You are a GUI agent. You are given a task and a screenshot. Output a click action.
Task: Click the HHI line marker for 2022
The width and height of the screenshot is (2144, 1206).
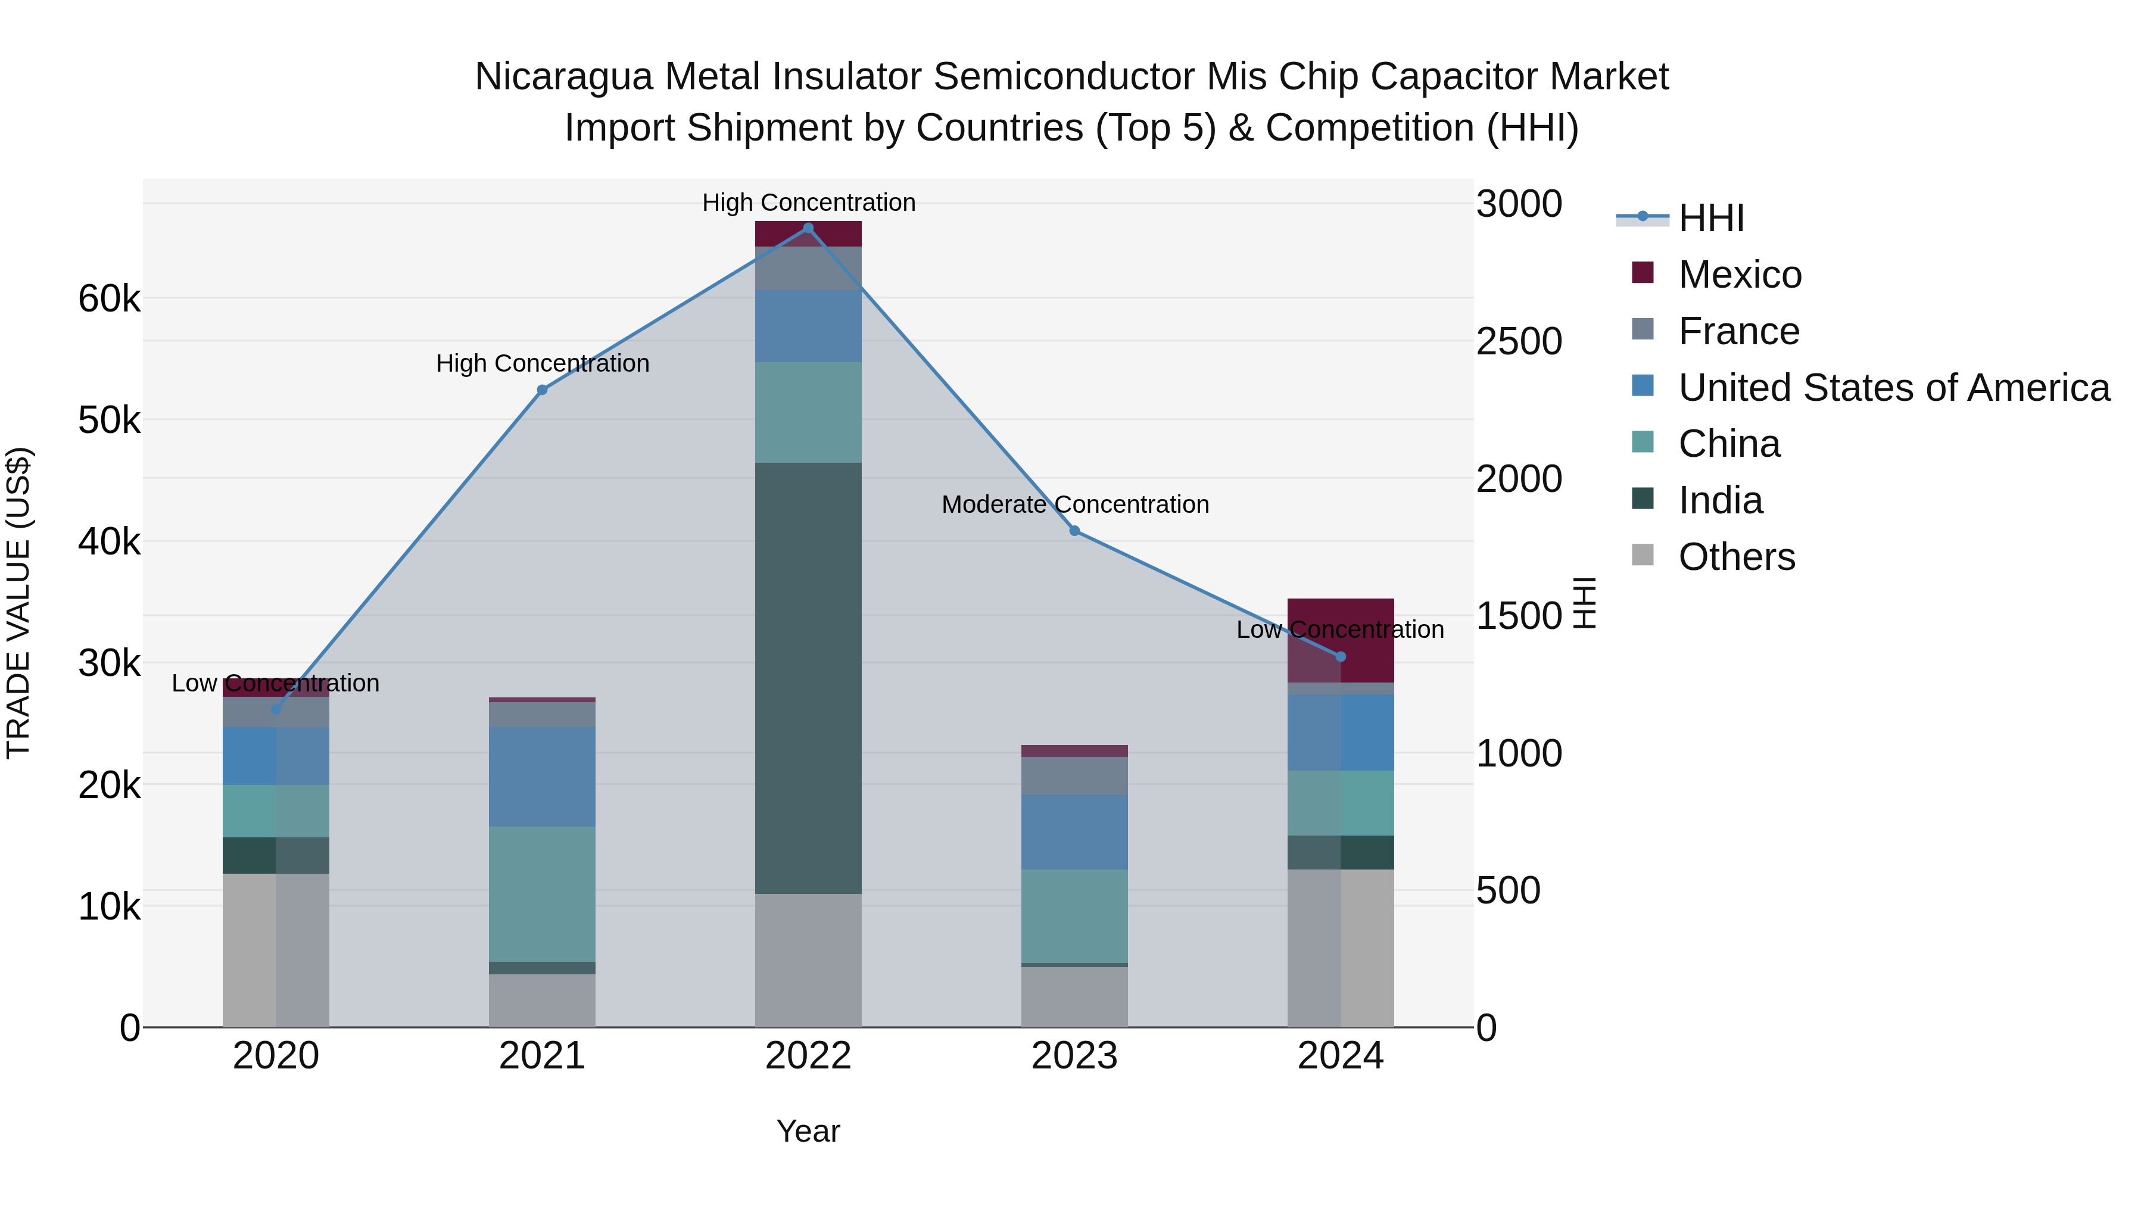point(808,228)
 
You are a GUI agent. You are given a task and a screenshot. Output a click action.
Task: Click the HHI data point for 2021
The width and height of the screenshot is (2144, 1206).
point(542,389)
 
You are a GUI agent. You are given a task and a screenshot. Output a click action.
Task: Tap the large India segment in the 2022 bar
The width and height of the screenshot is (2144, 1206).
point(808,678)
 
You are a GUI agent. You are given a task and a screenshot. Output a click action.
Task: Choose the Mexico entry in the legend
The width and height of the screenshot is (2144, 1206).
point(1740,275)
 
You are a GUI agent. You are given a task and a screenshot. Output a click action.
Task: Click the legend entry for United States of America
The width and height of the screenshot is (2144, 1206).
point(1893,388)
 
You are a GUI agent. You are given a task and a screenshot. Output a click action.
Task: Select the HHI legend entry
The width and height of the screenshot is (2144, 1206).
point(1710,218)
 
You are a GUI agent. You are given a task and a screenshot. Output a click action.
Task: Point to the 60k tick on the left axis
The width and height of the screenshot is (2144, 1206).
point(109,299)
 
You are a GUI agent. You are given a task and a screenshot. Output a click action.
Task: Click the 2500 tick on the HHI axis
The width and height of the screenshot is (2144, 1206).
point(1519,341)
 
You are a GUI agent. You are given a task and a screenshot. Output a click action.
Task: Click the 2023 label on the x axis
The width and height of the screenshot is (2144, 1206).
point(1074,1056)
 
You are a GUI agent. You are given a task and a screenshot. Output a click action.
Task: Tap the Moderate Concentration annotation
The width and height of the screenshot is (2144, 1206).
point(1074,504)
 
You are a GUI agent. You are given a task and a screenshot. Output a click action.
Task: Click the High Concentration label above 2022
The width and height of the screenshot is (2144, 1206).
point(808,202)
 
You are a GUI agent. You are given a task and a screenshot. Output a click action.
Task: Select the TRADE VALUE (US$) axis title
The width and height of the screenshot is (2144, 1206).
point(18,603)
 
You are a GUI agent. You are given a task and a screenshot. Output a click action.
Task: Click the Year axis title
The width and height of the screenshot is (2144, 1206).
point(808,1131)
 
